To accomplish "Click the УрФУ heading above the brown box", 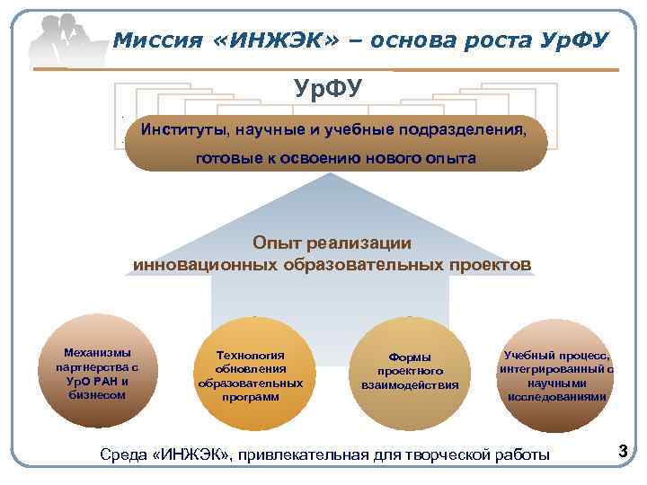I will pos(329,89).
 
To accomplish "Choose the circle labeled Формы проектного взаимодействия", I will pos(409,371).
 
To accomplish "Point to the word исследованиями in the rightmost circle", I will pos(557,396).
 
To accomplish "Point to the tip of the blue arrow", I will pos(332,174).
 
